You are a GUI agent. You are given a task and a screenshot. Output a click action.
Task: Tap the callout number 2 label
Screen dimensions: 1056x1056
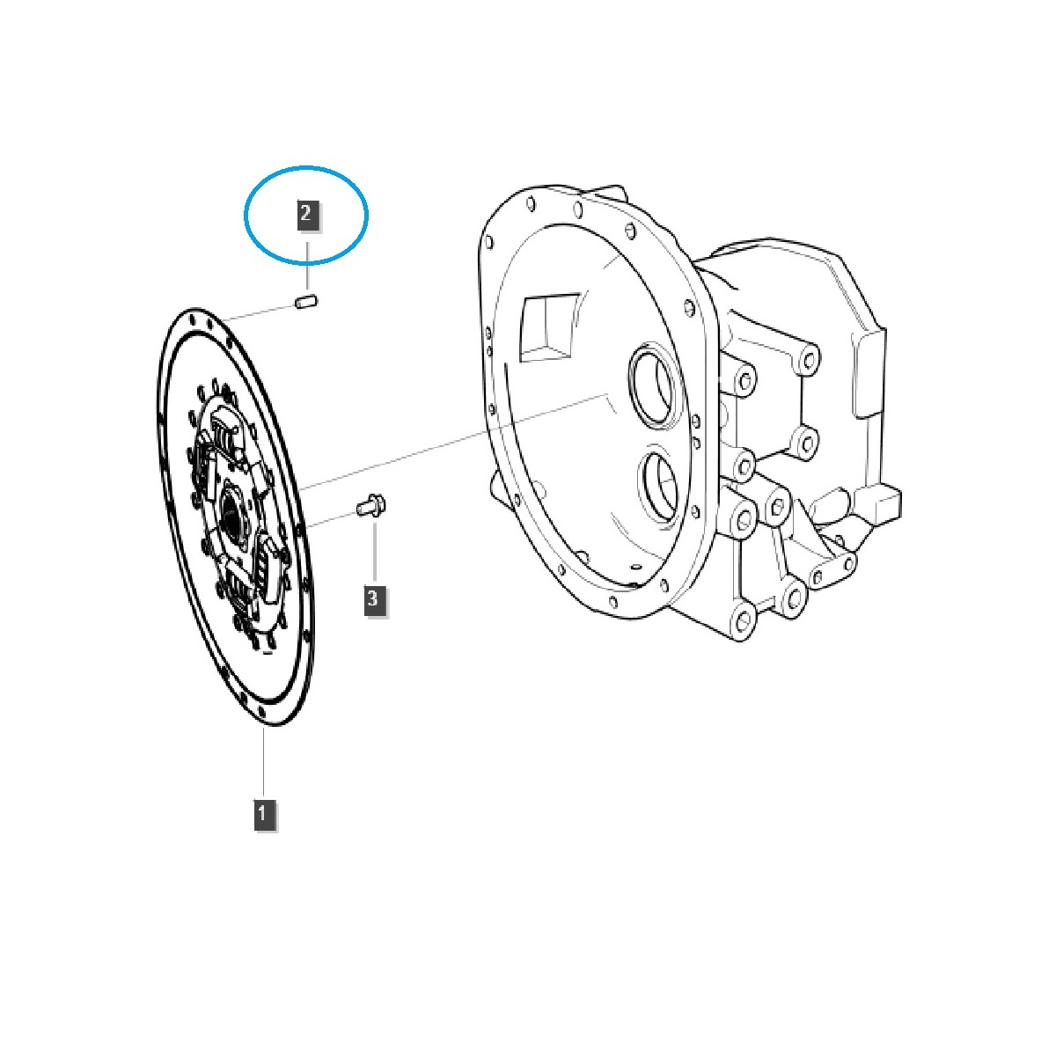click(306, 214)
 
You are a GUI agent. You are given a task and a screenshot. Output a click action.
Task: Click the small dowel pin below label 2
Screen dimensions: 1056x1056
click(305, 303)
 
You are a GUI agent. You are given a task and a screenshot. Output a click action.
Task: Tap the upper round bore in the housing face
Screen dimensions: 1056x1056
click(653, 385)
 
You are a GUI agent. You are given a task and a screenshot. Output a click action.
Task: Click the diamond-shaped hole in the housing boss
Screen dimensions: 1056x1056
click(777, 504)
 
